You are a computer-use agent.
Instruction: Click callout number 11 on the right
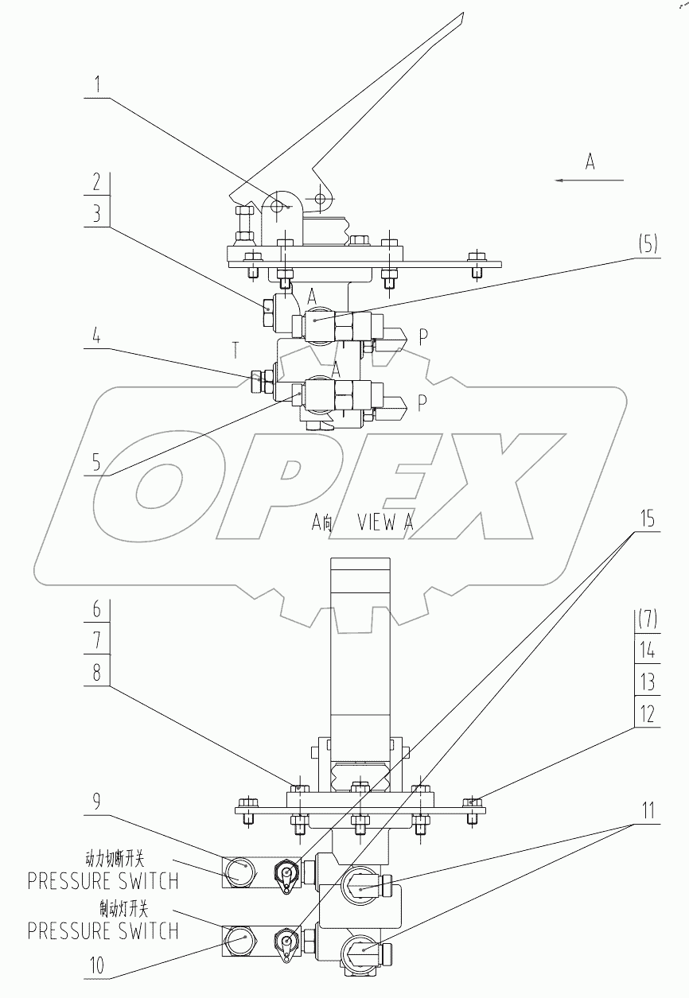[x=648, y=811]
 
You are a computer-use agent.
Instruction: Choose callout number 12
[x=648, y=713]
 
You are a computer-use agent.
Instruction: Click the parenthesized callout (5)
[x=648, y=245]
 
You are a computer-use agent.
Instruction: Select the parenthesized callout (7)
[x=648, y=618]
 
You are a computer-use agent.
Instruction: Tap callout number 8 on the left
[x=95, y=673]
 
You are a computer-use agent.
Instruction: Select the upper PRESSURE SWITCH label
[x=103, y=880]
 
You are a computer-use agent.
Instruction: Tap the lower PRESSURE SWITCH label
[x=103, y=930]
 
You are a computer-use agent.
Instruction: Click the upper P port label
[x=422, y=336]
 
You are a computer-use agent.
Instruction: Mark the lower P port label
[x=422, y=402]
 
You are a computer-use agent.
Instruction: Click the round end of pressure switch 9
[x=239, y=872]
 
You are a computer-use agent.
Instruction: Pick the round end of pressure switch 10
[x=239, y=939]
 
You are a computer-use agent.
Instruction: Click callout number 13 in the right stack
[x=648, y=682]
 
